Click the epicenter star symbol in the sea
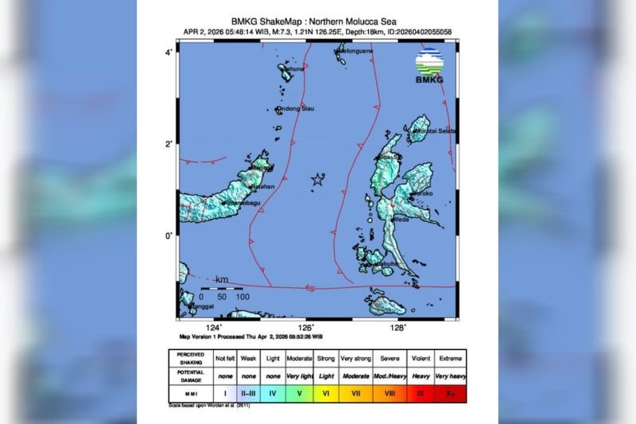pos(318,179)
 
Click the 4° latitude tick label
pos(169,52)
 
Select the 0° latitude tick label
pos(169,236)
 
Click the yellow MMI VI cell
pos(327,391)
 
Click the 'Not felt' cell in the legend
pos(226,358)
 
